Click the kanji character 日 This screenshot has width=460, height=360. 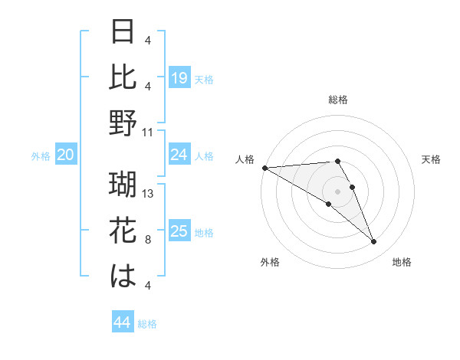tap(123, 32)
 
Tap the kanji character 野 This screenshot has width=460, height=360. tap(123, 123)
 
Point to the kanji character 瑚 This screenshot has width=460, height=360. tap(123, 185)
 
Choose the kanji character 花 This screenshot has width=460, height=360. tap(123, 230)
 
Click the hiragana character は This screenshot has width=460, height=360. tap(123, 276)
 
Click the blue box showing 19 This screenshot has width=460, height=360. tap(179, 78)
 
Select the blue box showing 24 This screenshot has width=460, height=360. tap(179, 155)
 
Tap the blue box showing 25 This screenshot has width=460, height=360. tap(179, 231)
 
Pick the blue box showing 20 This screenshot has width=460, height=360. tap(66, 155)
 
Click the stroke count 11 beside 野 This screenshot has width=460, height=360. tap(148, 132)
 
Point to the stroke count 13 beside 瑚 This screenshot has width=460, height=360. tap(149, 194)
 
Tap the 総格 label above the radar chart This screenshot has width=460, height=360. tap(337, 100)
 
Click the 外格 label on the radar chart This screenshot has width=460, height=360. tap(270, 262)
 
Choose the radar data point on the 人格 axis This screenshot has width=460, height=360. tap(264, 168)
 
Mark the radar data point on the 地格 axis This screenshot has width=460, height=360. tap(373, 242)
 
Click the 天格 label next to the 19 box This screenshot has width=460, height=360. tap(204, 79)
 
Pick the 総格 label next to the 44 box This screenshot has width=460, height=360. tap(147, 324)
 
